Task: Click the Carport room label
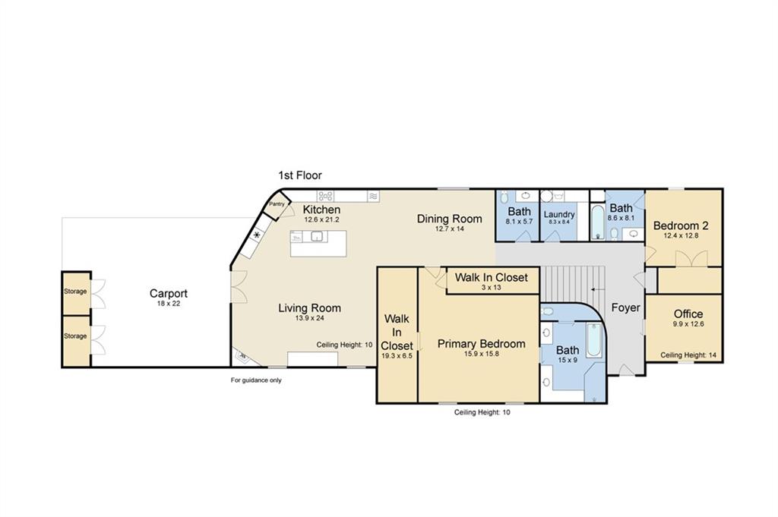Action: coord(168,294)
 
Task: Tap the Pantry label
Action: coord(277,203)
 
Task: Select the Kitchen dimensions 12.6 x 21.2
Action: coord(321,219)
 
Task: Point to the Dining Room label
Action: coord(449,219)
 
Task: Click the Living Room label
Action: coord(310,307)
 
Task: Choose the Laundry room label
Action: coord(559,214)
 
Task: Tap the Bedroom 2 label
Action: coord(681,225)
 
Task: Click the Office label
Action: coord(688,314)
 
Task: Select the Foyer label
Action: coord(626,307)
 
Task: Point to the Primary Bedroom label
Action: coord(481,343)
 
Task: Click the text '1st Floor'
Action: coord(299,175)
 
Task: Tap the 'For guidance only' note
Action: coord(256,380)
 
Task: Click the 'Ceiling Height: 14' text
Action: coord(688,355)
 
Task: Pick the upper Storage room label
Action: coord(75,292)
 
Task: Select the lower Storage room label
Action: coord(75,336)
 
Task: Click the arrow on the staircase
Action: coord(598,289)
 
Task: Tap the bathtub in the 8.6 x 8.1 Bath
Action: coord(598,222)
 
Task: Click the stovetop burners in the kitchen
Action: coord(325,197)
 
